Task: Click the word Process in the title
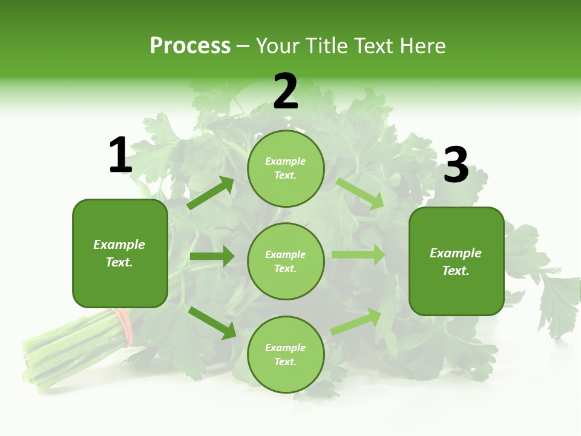tap(190, 46)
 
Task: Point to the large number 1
tap(120, 156)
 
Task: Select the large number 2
tap(286, 91)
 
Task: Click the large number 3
tap(456, 165)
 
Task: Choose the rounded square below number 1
tap(120, 253)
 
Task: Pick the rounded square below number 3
tap(456, 262)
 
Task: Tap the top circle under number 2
tap(286, 168)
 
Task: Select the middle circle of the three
tap(286, 262)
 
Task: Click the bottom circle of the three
tap(286, 355)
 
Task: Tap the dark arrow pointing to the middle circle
tap(212, 256)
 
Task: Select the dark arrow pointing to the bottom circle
tap(212, 322)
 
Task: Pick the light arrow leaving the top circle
tap(360, 193)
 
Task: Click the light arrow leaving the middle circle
tap(358, 255)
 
